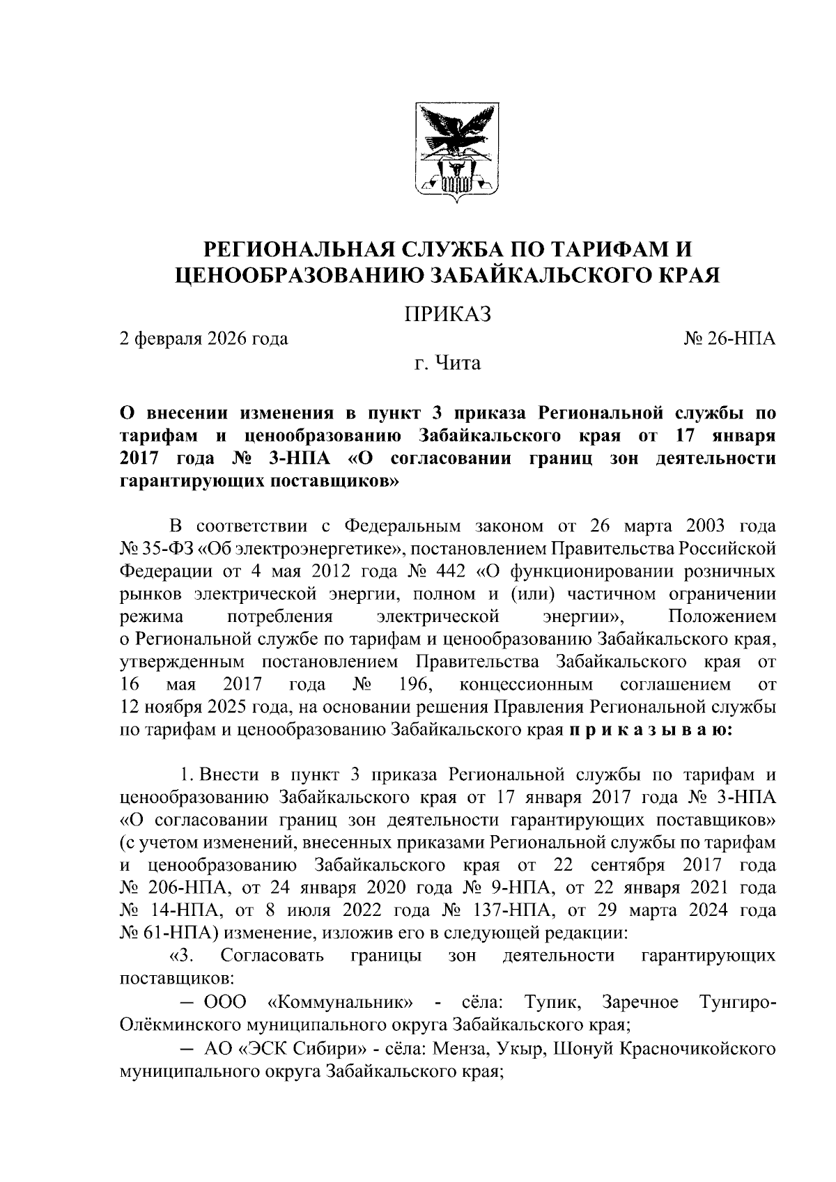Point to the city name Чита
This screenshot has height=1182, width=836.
(x=458, y=363)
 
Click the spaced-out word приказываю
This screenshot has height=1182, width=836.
(x=650, y=730)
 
